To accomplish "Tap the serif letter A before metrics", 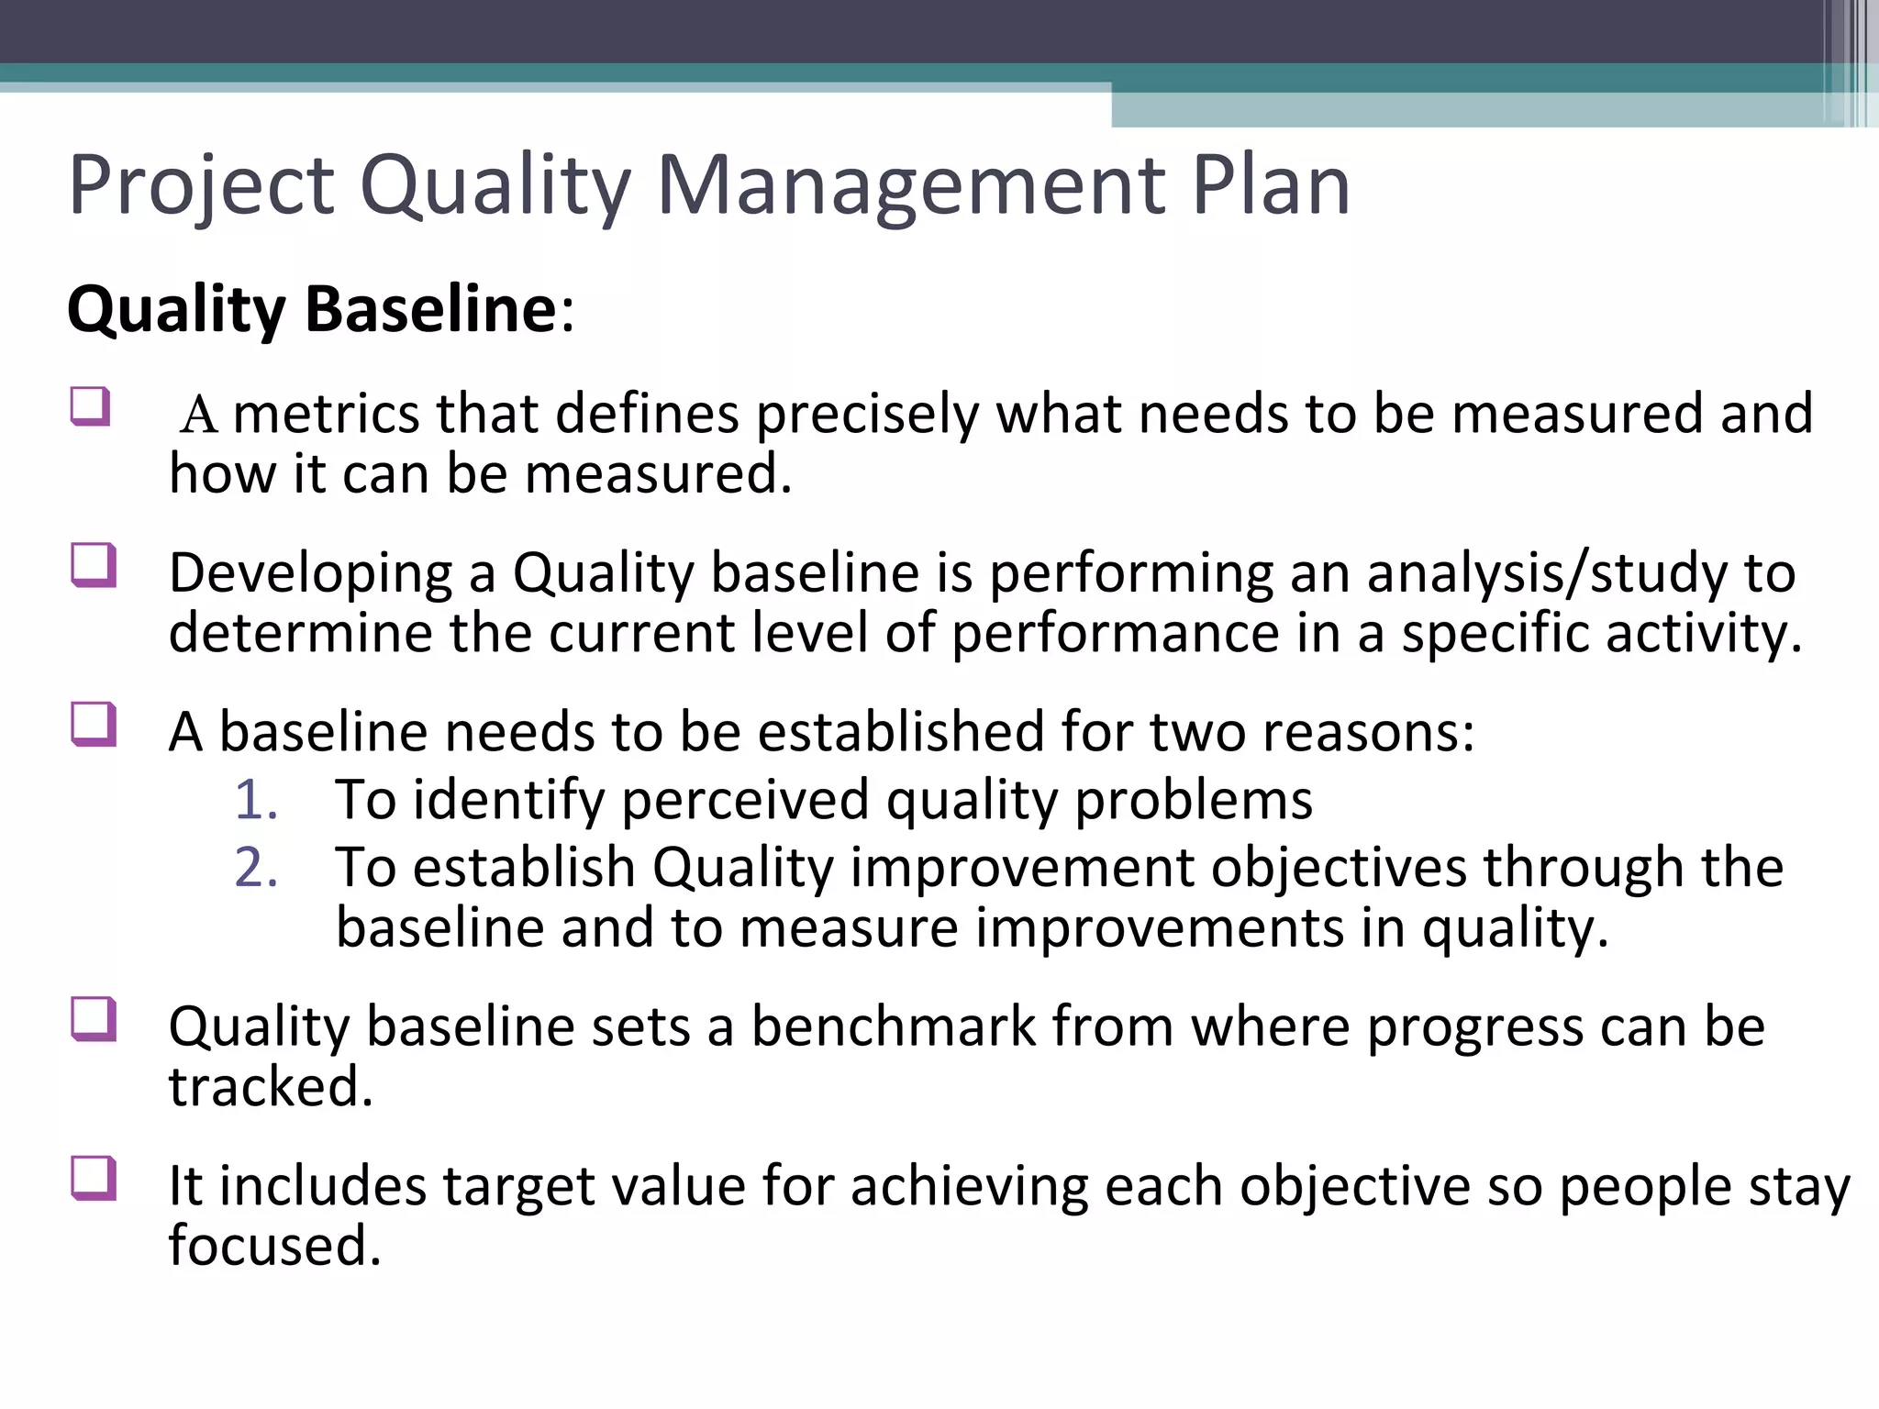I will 198,415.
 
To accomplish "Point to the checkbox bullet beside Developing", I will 93,565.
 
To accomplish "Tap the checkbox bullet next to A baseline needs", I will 93,725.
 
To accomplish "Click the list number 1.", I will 256,800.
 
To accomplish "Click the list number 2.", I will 256,868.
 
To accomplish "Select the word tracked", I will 271,1087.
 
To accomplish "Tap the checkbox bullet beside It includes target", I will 93,1179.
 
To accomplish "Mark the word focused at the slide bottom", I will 274,1246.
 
